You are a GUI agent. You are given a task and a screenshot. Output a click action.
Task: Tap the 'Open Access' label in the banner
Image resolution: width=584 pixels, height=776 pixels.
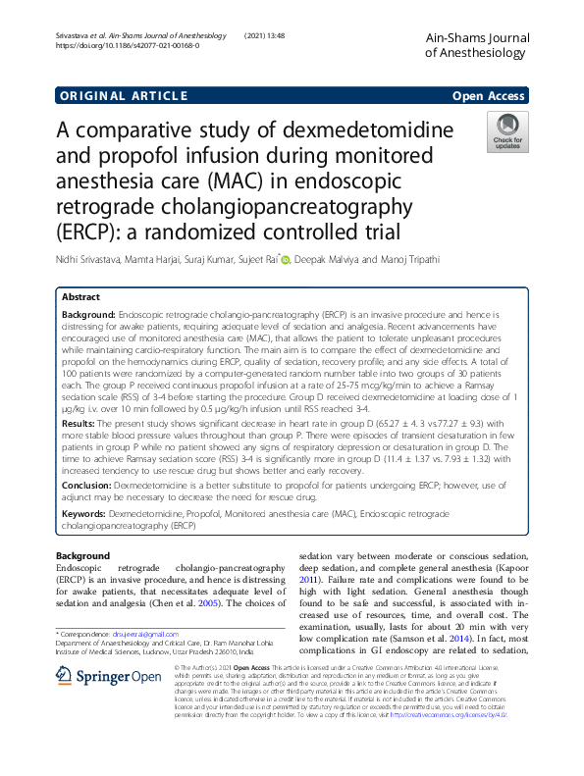490,95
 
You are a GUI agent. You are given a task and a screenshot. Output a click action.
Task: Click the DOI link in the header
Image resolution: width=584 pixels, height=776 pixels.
128,46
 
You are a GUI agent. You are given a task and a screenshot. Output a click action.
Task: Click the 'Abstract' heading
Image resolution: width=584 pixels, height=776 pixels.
80,295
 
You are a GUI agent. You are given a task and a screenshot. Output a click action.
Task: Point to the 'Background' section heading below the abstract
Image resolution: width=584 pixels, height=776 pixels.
83,556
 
